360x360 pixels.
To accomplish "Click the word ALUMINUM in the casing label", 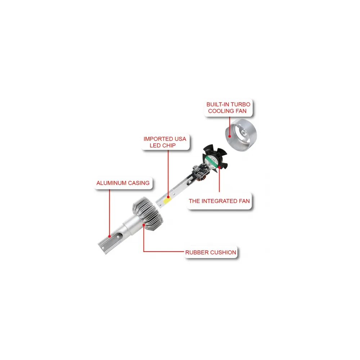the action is (111, 183).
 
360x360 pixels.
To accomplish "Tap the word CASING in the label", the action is (139, 183).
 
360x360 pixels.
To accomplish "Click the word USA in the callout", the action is (180, 139).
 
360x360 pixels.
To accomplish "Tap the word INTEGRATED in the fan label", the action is (219, 201).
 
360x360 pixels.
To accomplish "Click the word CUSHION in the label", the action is (224, 253).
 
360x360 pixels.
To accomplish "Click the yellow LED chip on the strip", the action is (167, 201).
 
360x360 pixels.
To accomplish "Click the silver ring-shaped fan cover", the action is (241, 135).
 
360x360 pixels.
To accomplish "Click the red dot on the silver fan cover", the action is (230, 136).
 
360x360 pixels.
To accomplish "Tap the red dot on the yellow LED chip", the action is (168, 197).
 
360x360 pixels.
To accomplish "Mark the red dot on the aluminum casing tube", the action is (109, 236).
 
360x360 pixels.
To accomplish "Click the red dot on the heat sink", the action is (144, 225).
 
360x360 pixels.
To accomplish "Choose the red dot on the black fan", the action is (220, 167).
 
